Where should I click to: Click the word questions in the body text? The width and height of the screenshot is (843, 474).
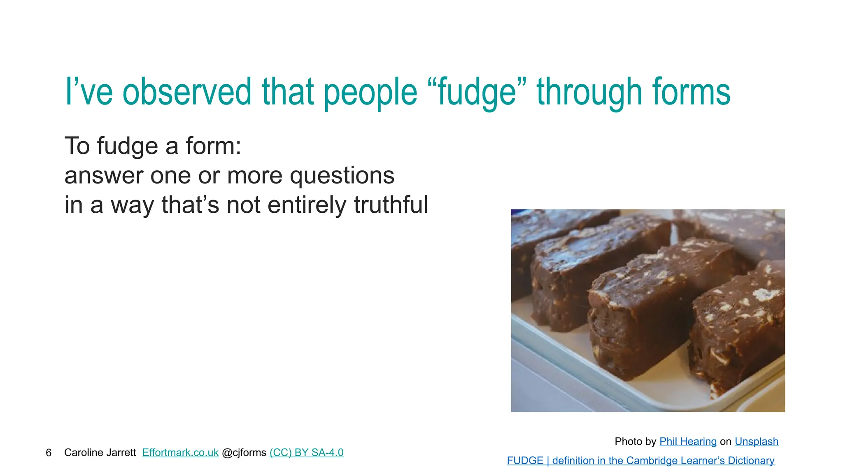tap(342, 176)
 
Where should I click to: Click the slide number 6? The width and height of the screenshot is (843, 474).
tap(49, 453)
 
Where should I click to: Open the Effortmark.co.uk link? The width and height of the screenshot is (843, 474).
tap(180, 453)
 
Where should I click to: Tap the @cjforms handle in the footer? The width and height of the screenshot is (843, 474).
tap(244, 453)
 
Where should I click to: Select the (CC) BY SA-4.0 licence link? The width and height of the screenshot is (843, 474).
tap(306, 453)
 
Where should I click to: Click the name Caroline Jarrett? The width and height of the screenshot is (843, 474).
tap(100, 453)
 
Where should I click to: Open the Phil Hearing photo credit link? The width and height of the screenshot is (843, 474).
tap(688, 441)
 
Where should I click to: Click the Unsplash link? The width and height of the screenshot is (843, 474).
tap(756, 441)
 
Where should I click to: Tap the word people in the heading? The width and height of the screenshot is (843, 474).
tap(370, 92)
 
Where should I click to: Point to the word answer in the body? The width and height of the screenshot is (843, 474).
tap(104, 176)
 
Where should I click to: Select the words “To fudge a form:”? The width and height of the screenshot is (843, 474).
tap(153, 146)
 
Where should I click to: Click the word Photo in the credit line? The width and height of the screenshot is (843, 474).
tap(628, 441)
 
